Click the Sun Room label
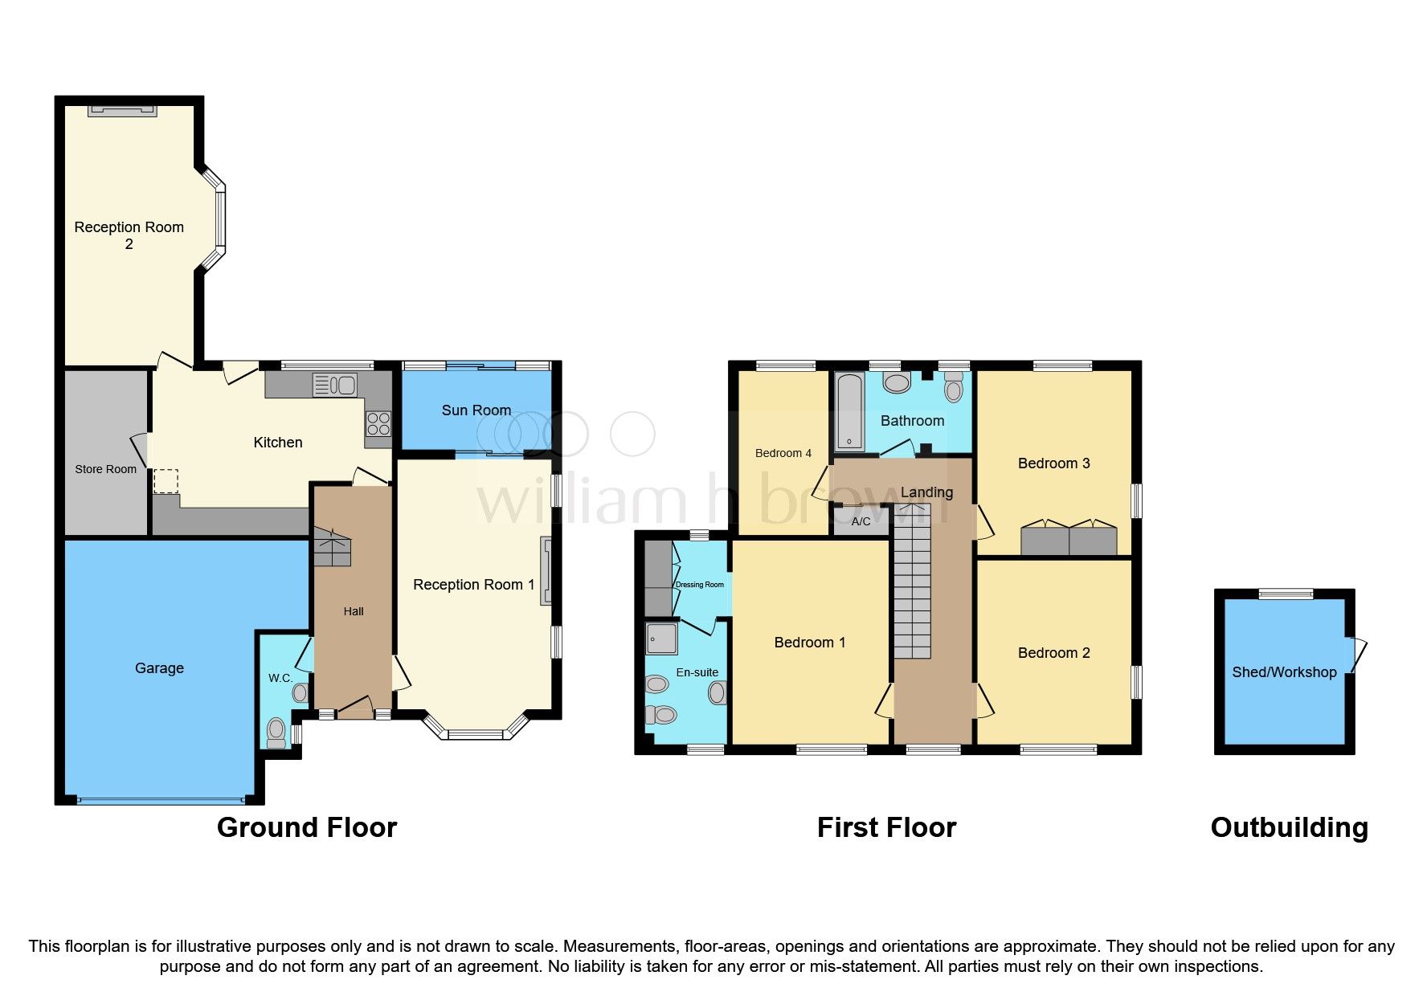tap(476, 410)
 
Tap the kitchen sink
tap(334, 386)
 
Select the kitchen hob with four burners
tap(378, 423)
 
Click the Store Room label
tap(105, 469)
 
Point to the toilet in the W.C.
tap(276, 731)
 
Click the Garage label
tap(159, 668)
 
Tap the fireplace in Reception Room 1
tap(546, 570)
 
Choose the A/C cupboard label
tap(861, 521)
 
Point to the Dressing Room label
tap(700, 585)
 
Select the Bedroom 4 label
tap(783, 453)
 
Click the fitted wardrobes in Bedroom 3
tap(1069, 540)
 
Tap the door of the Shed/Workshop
tap(1357, 655)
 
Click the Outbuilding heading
tap(1289, 827)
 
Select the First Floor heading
tap(886, 827)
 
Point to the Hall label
tap(354, 611)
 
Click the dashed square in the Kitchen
tap(166, 481)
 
